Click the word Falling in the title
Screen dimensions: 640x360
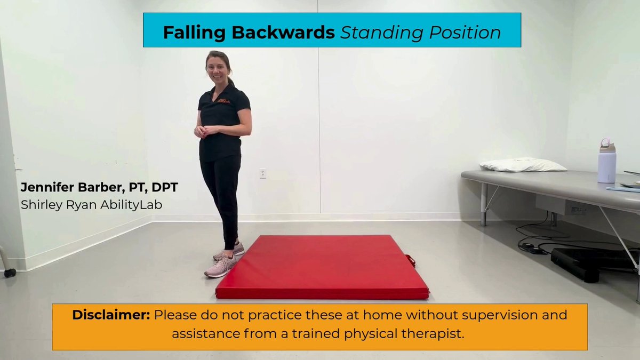click(194, 33)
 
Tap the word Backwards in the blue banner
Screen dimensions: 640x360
click(283, 33)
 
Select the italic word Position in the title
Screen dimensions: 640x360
click(465, 33)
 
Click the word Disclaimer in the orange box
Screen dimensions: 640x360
click(111, 315)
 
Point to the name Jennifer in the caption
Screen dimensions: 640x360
click(47, 187)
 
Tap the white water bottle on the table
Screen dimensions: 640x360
click(607, 161)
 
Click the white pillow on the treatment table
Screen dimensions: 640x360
click(523, 165)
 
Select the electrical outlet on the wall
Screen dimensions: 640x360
click(263, 174)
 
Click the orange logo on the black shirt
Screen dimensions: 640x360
click(223, 101)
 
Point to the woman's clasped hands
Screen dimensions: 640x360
click(203, 131)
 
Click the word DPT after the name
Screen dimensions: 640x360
click(165, 187)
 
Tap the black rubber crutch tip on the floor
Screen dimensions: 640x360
click(10, 273)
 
